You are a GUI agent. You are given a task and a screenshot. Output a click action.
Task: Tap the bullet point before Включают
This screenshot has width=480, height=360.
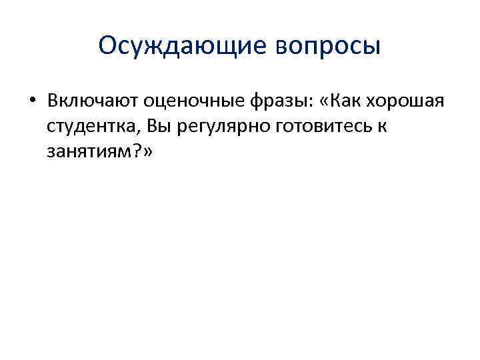pos(32,101)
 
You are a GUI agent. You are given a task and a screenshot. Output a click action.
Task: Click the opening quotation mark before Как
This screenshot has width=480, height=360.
pos(325,101)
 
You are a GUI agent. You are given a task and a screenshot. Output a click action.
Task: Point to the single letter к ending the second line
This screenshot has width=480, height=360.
pos(382,127)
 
